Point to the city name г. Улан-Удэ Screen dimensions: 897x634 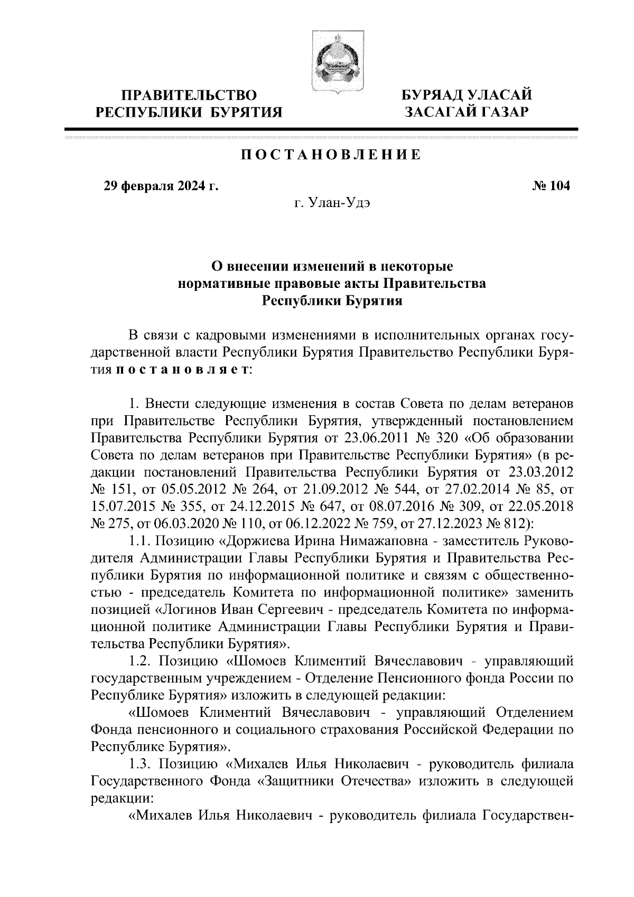[x=332, y=203]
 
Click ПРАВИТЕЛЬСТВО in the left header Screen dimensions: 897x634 [x=190, y=96]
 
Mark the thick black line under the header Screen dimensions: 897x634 [x=321, y=129]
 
